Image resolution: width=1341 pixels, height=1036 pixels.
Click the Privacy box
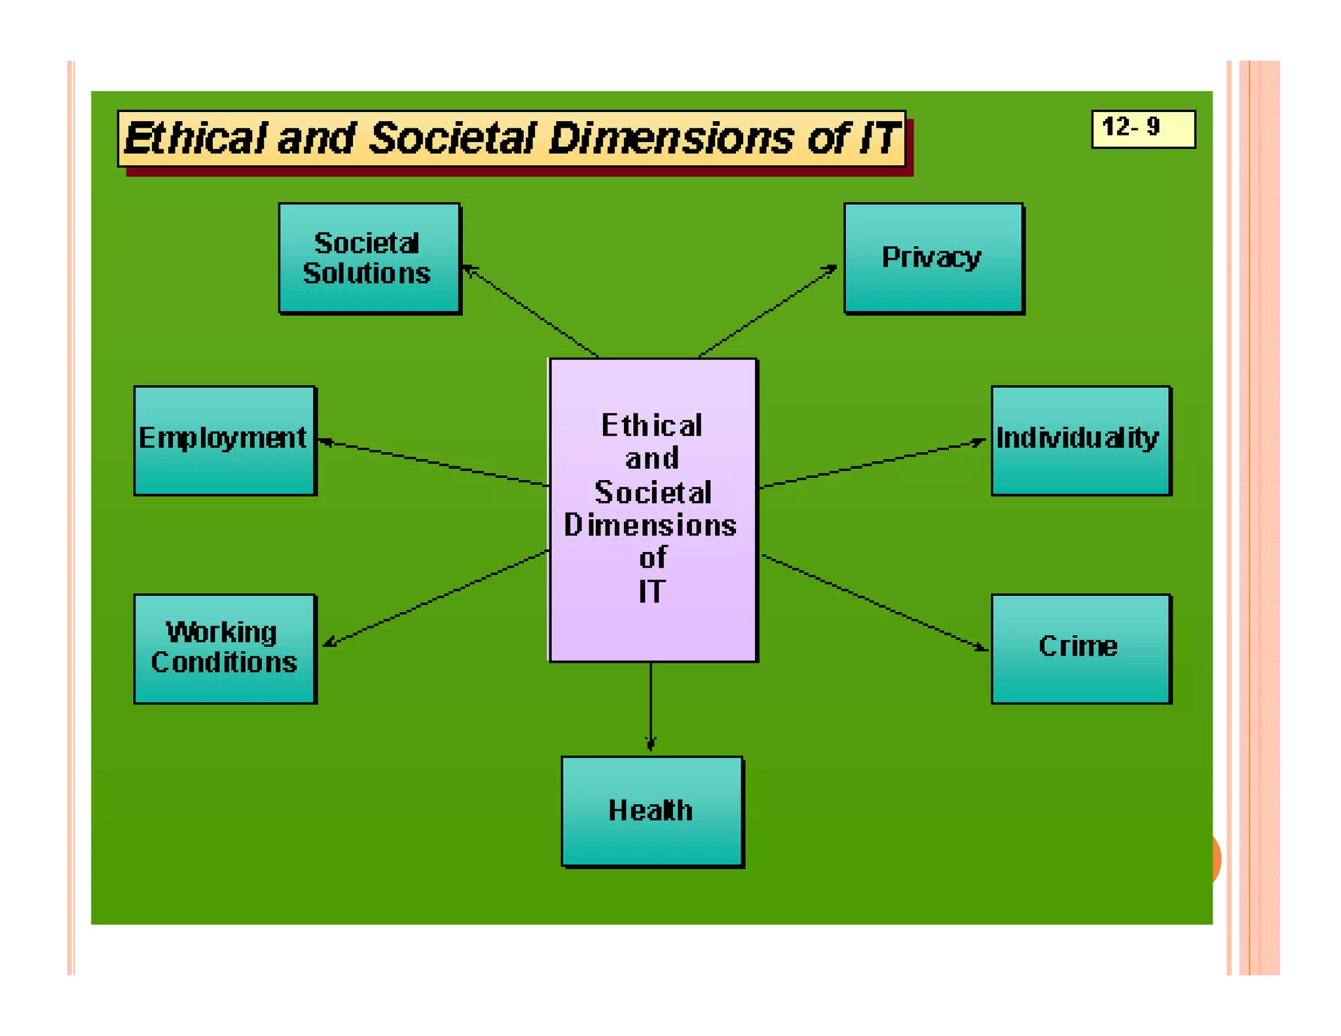point(932,258)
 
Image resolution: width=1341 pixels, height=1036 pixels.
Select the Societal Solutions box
point(369,258)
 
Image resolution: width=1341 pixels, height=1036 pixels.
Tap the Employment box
point(225,440)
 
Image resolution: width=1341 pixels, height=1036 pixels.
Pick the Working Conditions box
point(225,648)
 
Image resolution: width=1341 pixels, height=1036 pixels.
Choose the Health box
point(652,811)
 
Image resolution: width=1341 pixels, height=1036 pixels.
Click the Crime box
point(1080,648)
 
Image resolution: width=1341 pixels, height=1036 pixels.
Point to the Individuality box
point(1080,440)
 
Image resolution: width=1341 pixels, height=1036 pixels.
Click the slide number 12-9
point(1143,128)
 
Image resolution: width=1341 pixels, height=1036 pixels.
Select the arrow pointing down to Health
point(650,707)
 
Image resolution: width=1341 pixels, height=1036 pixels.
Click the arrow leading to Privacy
point(766,312)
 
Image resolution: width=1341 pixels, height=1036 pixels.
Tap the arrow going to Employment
point(432,463)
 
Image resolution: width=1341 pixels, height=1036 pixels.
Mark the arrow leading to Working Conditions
point(435,598)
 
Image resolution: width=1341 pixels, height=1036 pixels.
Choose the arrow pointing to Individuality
point(871,464)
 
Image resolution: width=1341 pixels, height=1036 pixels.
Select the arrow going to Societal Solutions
point(530,310)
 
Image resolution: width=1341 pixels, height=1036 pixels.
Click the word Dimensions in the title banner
point(670,138)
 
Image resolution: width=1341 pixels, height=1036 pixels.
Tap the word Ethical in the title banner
point(195,138)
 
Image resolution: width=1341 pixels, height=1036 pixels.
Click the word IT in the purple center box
point(652,591)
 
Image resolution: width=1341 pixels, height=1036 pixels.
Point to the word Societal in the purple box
point(653,492)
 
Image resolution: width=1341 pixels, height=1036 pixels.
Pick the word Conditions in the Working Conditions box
point(224,662)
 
